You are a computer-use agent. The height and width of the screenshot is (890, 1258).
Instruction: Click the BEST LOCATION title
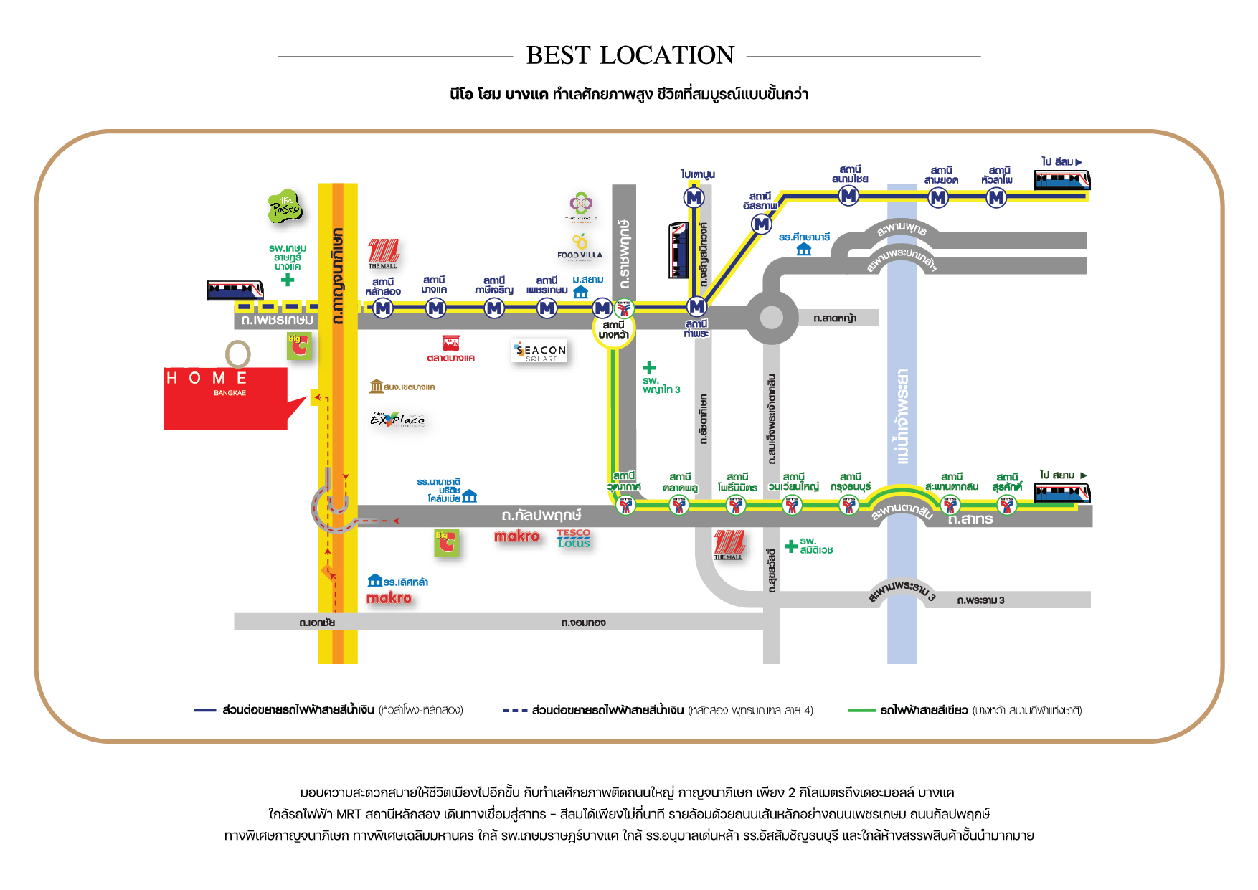630,55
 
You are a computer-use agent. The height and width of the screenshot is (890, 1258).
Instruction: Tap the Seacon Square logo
540,351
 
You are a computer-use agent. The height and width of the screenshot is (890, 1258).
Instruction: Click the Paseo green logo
285,208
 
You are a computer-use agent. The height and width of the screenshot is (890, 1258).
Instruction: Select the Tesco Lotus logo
573,539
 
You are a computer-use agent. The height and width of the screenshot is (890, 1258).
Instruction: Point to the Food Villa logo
580,246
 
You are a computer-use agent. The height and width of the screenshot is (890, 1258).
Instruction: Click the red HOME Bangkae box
226,398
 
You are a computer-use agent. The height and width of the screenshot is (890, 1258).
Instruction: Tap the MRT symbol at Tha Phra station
696,307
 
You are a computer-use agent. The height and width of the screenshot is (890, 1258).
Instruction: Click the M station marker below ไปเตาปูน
694,197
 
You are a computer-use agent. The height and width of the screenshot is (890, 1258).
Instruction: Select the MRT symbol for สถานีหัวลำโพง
996,197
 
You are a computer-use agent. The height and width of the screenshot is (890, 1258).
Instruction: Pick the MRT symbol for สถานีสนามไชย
849,195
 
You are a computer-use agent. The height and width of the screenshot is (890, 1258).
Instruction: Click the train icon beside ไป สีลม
1061,179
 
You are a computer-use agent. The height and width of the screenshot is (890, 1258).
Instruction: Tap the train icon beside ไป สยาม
1061,493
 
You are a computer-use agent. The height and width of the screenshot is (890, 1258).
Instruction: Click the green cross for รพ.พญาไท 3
649,368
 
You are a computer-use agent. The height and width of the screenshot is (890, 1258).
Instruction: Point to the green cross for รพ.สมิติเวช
791,546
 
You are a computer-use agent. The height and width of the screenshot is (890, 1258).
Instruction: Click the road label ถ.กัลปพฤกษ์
541,515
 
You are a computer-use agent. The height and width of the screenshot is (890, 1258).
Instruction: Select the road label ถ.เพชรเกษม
277,320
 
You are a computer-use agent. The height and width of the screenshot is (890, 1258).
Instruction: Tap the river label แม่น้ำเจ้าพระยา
902,416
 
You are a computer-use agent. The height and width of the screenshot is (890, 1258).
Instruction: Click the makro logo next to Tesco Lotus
516,536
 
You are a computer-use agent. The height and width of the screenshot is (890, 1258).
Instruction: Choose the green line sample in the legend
861,711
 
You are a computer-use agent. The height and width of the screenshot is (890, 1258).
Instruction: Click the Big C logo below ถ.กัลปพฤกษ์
446,543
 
